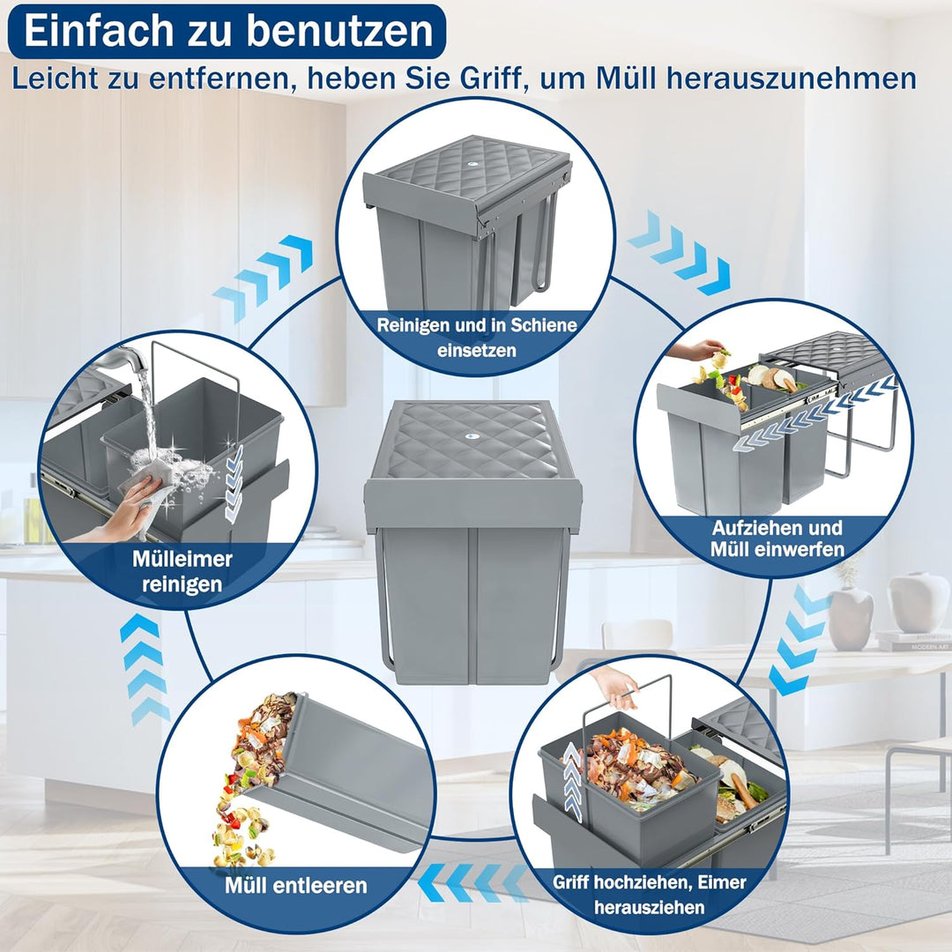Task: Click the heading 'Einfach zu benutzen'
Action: pyautogui.click(x=228, y=31)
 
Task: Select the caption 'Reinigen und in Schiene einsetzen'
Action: pyautogui.click(x=477, y=337)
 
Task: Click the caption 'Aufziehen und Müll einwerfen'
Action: pyautogui.click(x=777, y=539)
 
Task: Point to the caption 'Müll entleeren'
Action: pyautogui.click(x=295, y=884)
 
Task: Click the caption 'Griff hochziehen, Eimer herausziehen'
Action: pyautogui.click(x=649, y=894)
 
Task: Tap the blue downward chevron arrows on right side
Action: pyautogui.click(x=799, y=639)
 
